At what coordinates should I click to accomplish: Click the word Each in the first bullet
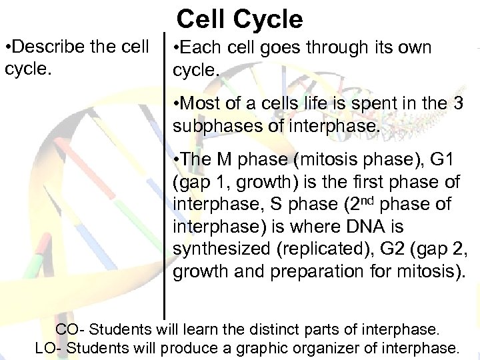[199, 48]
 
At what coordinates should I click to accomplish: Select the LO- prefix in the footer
[49, 347]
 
